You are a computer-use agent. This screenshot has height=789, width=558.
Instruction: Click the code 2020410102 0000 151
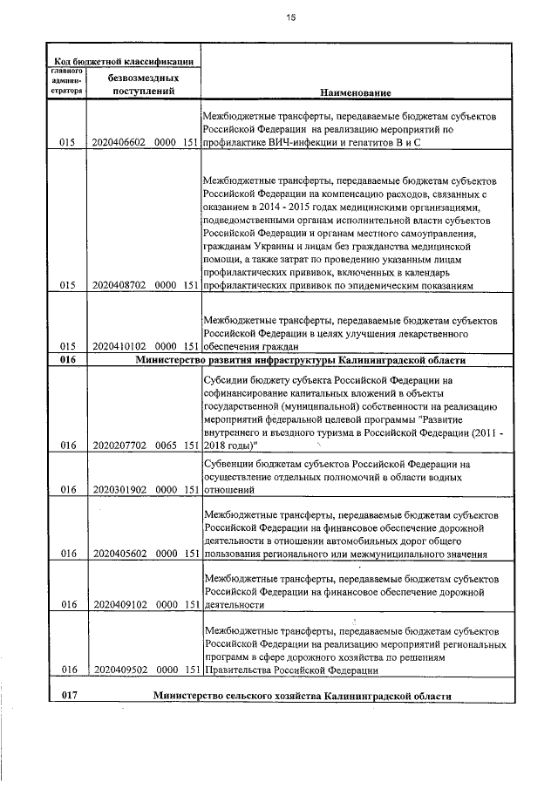tap(144, 346)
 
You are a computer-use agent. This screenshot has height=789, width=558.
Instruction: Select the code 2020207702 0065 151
tap(144, 446)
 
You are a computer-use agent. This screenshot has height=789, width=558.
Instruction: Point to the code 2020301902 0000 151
tap(144, 490)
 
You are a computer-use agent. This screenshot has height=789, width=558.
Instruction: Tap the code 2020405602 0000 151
tap(144, 553)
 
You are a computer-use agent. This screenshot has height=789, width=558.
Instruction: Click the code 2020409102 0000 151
tap(144, 603)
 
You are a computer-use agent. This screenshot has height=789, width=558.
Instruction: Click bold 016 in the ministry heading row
tap(68, 359)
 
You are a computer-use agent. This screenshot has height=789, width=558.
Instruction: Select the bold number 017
tap(68, 697)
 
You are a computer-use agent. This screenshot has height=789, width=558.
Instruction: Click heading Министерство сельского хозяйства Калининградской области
tap(302, 697)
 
